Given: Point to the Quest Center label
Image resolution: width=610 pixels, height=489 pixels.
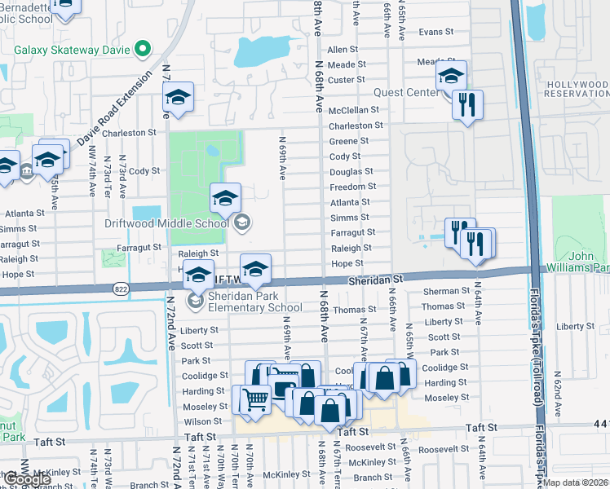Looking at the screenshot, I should coord(405,93).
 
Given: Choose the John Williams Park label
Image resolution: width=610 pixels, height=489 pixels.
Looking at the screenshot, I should coord(588,262).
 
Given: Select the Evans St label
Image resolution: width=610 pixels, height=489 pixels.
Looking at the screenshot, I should coord(435,32).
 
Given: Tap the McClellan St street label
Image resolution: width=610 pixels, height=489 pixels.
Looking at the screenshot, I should coord(354,109).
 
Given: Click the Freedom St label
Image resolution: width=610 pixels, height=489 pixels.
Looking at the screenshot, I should coord(352,187).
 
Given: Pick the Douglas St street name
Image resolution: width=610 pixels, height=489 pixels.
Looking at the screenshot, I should coord(351,171).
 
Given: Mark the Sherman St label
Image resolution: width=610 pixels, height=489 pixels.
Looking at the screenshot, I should coord(446,291).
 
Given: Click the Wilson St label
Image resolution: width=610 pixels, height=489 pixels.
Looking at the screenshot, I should coord(197,422).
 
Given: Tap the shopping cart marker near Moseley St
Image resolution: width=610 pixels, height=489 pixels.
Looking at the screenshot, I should coord(254,399).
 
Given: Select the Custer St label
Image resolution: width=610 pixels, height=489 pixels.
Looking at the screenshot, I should coord(346,80).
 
